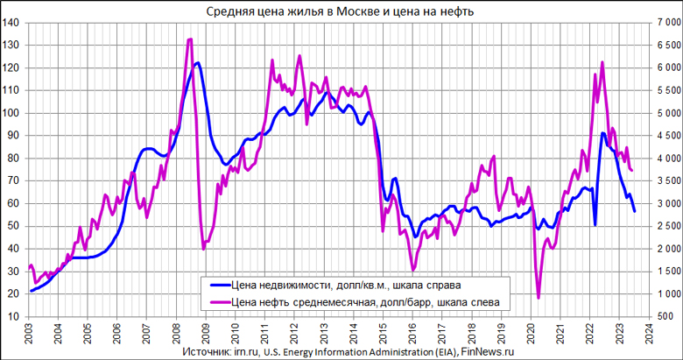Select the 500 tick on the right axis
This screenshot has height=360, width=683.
tap(671, 315)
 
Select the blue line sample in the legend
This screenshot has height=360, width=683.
tap(218, 285)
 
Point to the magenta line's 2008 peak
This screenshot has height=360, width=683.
tap(190, 39)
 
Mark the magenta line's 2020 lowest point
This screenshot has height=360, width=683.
tap(539, 298)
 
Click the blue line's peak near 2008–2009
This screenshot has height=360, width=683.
tap(198, 63)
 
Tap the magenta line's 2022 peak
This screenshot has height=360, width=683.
tap(602, 62)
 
